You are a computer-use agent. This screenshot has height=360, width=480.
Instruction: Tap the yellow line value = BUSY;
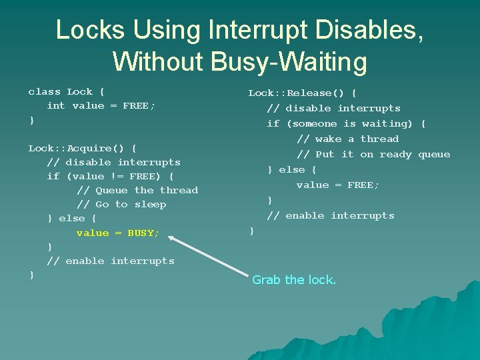pos(118,233)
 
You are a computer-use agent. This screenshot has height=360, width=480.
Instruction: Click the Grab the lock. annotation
pos(294,280)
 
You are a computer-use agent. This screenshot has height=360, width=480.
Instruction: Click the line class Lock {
pos(66,92)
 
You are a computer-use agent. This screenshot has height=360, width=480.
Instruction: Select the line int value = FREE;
pos(101,106)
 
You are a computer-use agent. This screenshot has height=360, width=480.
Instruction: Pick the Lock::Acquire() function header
pos(82,148)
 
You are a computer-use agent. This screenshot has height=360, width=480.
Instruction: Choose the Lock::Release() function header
pos(302,93)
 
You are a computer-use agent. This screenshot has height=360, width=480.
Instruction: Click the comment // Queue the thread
pos(137,190)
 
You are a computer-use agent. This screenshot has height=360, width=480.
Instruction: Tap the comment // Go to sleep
pos(121,205)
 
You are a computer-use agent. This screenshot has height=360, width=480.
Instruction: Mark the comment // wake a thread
pos(347,139)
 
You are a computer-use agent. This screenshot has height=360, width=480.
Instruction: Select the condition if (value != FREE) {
pos(110,176)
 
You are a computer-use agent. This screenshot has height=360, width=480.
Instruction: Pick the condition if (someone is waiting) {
pos(346,123)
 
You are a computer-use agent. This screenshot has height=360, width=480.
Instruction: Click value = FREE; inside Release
pos(338,185)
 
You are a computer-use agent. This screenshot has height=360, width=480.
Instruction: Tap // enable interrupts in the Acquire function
pos(110,261)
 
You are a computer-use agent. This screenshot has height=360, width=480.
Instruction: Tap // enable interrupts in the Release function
pos(330,215)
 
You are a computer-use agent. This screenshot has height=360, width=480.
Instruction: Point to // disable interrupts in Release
pos(333,108)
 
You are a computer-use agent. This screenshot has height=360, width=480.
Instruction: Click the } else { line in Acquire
pos(71,219)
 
